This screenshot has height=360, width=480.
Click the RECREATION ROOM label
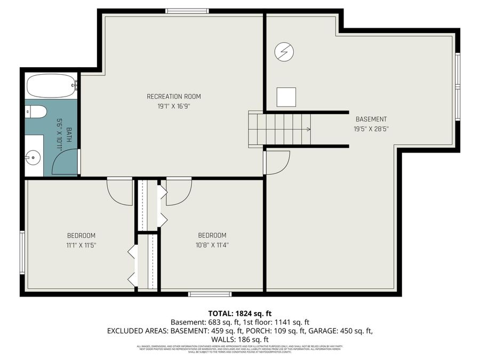[174, 97]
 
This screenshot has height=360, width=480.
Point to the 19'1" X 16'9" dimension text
[174, 106]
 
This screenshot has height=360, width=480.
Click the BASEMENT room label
[371, 119]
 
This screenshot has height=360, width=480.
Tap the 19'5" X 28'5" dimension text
[371, 129]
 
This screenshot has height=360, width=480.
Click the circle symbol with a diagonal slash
[284, 51]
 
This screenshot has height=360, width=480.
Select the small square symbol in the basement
[286, 97]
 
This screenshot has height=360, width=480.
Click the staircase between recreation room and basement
[280, 129]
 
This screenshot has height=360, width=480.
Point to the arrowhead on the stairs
[308, 129]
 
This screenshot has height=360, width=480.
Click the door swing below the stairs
[277, 162]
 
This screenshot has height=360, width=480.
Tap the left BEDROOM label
[81, 236]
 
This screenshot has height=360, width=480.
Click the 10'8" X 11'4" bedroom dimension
[212, 245]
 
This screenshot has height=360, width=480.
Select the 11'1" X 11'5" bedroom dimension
[81, 245]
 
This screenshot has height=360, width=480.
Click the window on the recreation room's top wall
[187, 11]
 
